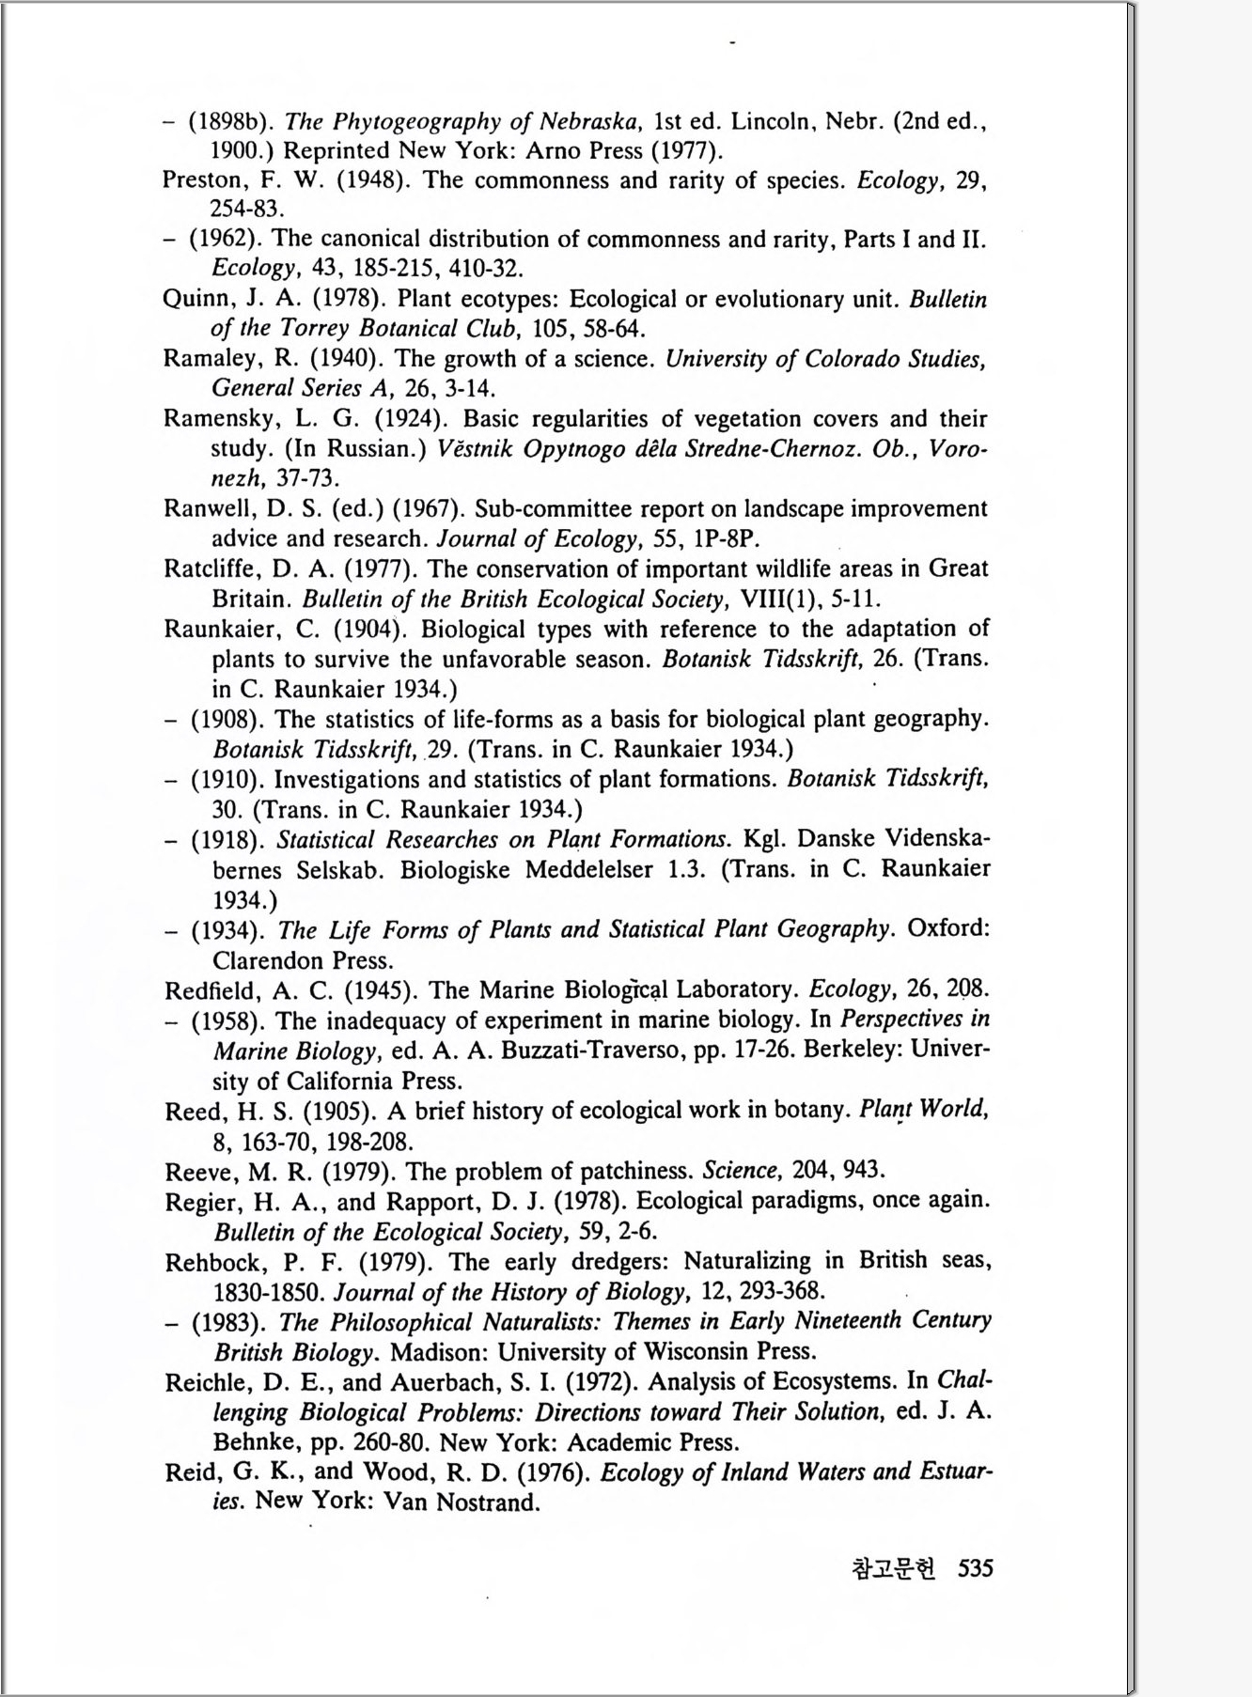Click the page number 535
click(975, 1567)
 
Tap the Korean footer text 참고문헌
click(893, 1568)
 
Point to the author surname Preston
click(196, 180)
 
